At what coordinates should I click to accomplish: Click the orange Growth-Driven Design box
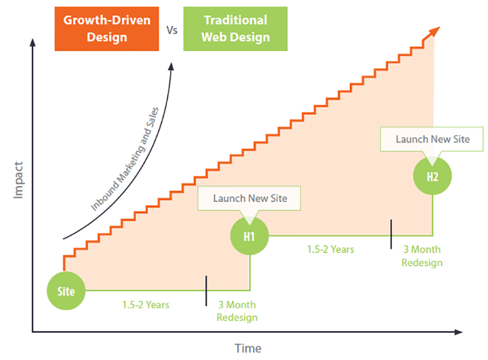[107, 29]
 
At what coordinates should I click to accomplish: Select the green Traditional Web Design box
[235, 29]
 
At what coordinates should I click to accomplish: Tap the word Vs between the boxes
[172, 30]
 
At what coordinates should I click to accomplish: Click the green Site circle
[66, 291]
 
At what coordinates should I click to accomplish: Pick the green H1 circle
[249, 236]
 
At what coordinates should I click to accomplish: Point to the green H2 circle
[432, 176]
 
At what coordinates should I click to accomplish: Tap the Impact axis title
[19, 180]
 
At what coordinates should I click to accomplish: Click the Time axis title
[248, 348]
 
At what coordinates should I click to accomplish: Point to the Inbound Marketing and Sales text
[125, 159]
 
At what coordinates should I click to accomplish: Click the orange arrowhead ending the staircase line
[435, 31]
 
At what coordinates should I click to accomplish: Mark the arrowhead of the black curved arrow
[171, 66]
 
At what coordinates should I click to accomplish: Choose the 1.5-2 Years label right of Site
[146, 305]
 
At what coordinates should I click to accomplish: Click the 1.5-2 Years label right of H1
[331, 249]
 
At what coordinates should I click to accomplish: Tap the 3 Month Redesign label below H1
[237, 311]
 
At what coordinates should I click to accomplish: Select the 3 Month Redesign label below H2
[422, 256]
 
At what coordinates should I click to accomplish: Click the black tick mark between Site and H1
[206, 291]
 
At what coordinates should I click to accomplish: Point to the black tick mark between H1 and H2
[391, 234]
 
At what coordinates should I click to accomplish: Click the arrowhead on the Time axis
[458, 332]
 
